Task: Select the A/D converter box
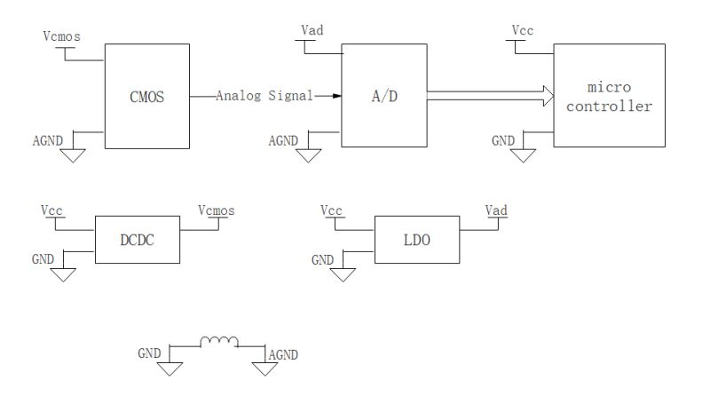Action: click(x=378, y=95)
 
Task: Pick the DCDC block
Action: click(x=137, y=238)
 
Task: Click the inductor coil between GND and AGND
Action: click(x=218, y=341)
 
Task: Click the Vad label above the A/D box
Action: click(x=312, y=31)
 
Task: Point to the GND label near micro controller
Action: click(x=502, y=140)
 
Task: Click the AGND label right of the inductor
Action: click(x=282, y=354)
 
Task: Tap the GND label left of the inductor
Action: click(x=148, y=353)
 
